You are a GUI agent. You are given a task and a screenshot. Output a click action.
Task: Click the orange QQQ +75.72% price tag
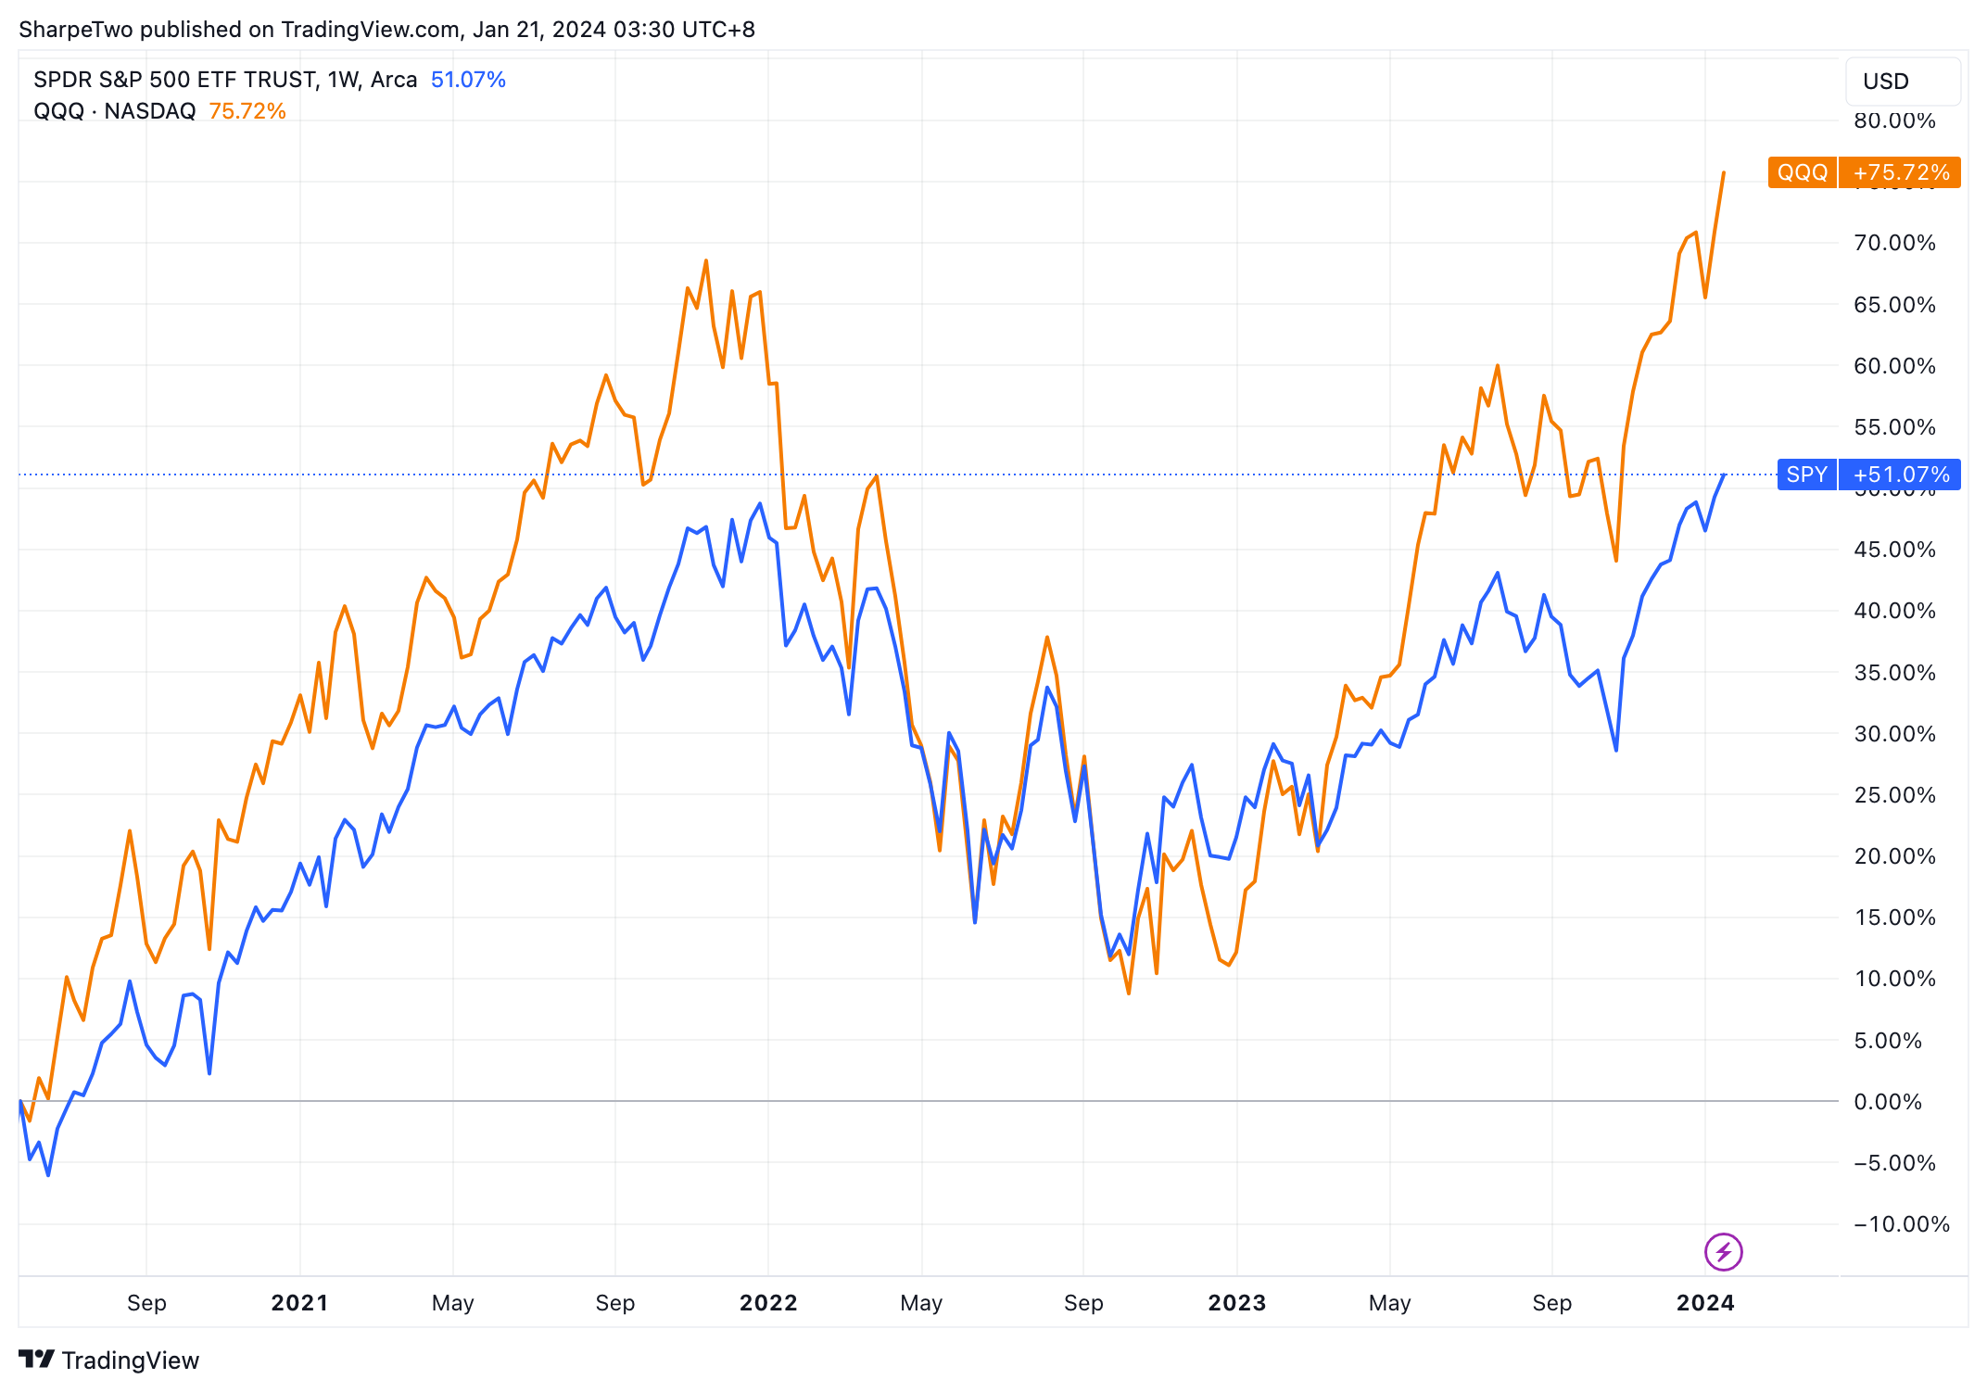tap(1864, 172)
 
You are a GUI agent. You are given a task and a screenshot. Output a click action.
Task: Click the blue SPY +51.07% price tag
tap(1868, 475)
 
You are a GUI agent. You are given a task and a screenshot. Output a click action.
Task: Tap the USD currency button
tap(1902, 82)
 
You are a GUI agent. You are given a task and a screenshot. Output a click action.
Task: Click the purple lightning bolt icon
tap(1723, 1252)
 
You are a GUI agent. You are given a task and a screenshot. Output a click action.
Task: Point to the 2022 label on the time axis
tap(768, 1303)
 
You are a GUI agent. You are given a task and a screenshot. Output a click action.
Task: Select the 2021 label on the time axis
tap(299, 1303)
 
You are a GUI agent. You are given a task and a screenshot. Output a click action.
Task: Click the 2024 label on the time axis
tap(1705, 1303)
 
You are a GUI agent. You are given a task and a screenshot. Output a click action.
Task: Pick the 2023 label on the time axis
tap(1237, 1303)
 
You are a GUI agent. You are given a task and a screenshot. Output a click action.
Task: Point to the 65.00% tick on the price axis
tap(1894, 305)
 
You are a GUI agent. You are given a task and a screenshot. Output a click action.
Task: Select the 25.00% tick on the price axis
tap(1894, 795)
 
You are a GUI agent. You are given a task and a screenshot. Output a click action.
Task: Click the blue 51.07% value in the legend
tap(468, 80)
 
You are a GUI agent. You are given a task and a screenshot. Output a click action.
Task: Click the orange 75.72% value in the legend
tap(247, 111)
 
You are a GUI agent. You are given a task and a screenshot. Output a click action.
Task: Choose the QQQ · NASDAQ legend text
tap(115, 111)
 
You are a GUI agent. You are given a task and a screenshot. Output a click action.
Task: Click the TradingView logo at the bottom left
tap(108, 1360)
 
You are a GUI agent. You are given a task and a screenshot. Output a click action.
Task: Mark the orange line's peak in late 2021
tap(706, 260)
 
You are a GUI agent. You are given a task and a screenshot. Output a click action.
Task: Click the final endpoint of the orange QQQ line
tap(1724, 172)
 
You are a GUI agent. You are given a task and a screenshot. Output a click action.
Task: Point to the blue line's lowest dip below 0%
tap(48, 1175)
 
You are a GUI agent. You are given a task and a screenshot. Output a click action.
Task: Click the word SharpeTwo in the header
tap(76, 30)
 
